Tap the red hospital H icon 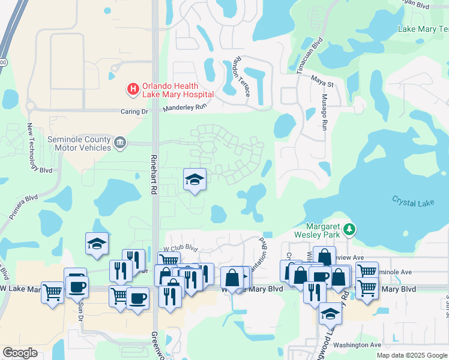tap(132, 89)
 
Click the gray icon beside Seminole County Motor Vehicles tap(120, 143)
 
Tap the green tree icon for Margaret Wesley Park tap(349, 229)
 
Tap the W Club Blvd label tap(181, 247)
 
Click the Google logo tap(20, 353)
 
